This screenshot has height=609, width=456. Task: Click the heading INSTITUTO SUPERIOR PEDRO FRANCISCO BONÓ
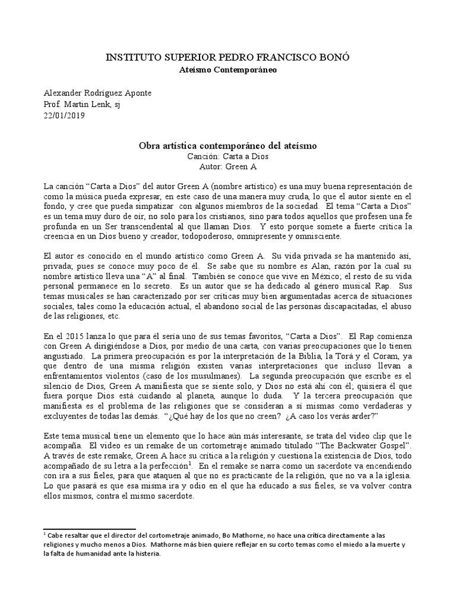point(228,58)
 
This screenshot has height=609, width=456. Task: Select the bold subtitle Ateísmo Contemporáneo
point(228,70)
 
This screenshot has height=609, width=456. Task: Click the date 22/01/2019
point(65,116)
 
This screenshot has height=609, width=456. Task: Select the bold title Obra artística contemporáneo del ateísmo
point(228,146)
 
